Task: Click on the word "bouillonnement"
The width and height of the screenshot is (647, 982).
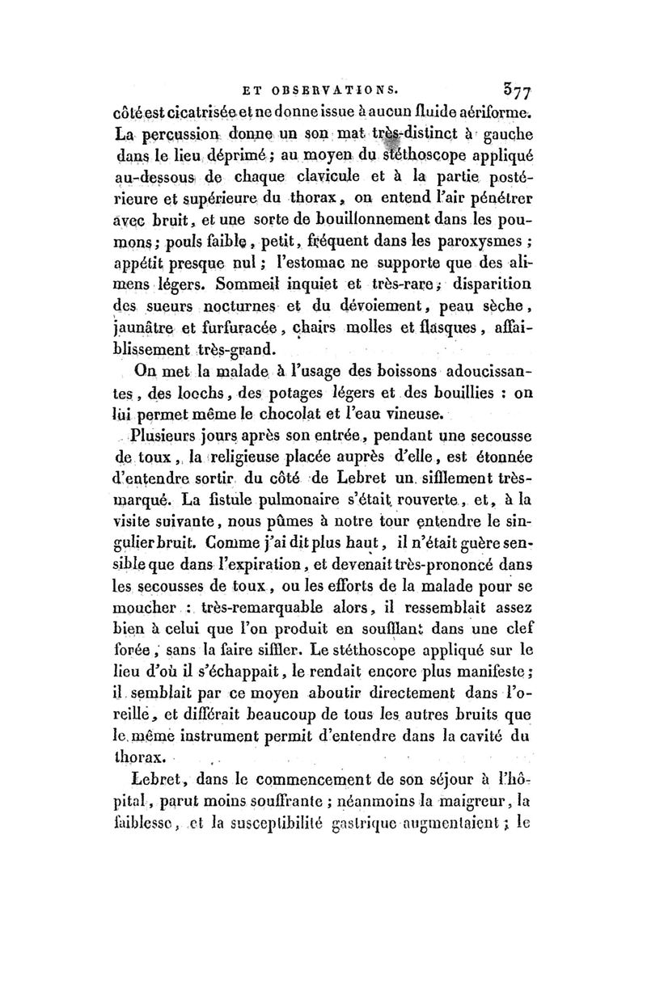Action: pos(359,218)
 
